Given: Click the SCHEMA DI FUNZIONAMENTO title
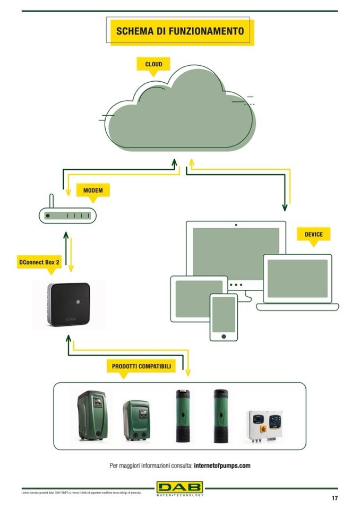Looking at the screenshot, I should [x=180, y=31].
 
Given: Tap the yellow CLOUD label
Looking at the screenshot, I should [x=153, y=64].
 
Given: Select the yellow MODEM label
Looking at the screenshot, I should [x=93, y=190].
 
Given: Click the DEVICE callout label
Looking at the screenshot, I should [x=313, y=234].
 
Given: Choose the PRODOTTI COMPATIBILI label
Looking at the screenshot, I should [x=141, y=366].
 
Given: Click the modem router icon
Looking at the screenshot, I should [x=67, y=215].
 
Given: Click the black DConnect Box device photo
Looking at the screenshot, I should [x=69, y=305].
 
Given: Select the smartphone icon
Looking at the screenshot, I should [x=224, y=317].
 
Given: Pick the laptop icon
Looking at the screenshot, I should [x=297, y=281].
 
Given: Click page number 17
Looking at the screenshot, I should [x=335, y=498].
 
